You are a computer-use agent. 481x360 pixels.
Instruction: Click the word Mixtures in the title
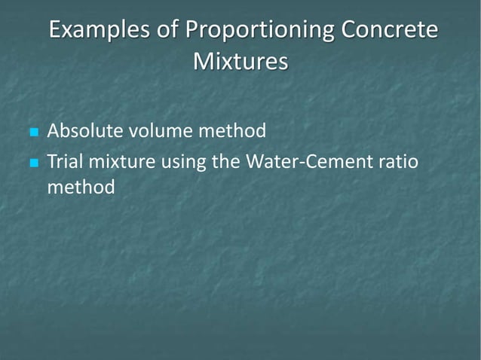pyautogui.click(x=240, y=61)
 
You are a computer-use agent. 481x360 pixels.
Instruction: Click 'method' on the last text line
pyautogui.click(x=81, y=186)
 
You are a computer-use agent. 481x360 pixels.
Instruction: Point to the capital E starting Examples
pyautogui.click(x=55, y=32)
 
